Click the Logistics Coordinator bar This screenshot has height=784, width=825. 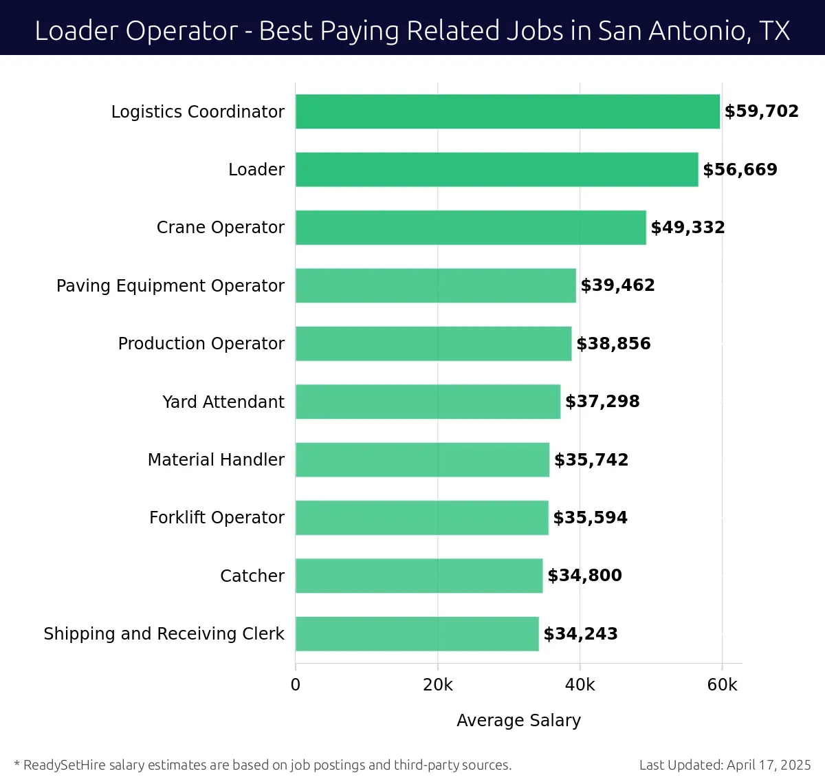pyautogui.click(x=507, y=111)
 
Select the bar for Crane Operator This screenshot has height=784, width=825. pyautogui.click(x=471, y=228)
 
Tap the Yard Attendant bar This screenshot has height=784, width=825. pyautogui.click(x=428, y=402)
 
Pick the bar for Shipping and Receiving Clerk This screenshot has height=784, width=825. pyautogui.click(x=417, y=634)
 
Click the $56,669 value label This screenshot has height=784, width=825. pyautogui.click(x=740, y=170)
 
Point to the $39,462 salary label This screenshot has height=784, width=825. pyautogui.click(x=617, y=285)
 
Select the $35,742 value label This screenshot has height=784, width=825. pyautogui.click(x=591, y=460)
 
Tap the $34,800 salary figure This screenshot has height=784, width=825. pyautogui.click(x=584, y=576)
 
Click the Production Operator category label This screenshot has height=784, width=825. pyautogui.click(x=201, y=344)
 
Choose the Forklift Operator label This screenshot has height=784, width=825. pyautogui.click(x=217, y=518)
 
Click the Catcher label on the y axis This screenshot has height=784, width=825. pyautogui.click(x=252, y=576)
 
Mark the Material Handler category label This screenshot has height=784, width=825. pyautogui.click(x=216, y=460)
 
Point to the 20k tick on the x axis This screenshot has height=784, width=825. pyautogui.click(x=438, y=685)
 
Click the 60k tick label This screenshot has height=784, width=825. pyautogui.click(x=722, y=685)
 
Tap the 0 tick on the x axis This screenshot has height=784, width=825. pyautogui.click(x=296, y=685)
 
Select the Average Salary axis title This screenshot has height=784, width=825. pyautogui.click(x=518, y=721)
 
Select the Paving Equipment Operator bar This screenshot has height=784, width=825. pyautogui.click(x=436, y=286)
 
